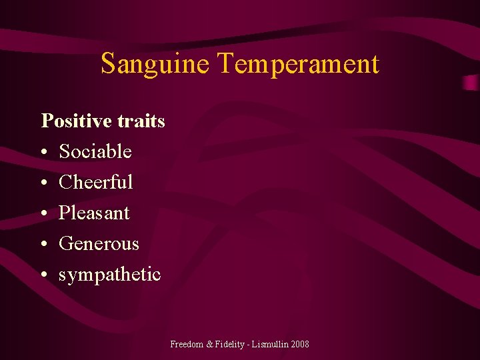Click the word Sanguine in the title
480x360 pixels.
[156, 64]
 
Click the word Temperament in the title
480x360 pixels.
[298, 64]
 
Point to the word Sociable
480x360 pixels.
[95, 151]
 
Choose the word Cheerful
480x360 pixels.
[96, 182]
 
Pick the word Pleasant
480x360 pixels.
[94, 213]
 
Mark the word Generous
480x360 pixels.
[99, 243]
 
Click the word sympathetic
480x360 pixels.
[110, 274]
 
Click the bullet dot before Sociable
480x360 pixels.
[44, 153]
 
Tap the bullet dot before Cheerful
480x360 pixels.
[44, 183]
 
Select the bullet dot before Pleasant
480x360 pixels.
[44, 214]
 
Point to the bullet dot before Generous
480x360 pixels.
[44, 245]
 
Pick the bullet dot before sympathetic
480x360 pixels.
[44, 275]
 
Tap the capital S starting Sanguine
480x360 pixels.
[108, 64]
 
